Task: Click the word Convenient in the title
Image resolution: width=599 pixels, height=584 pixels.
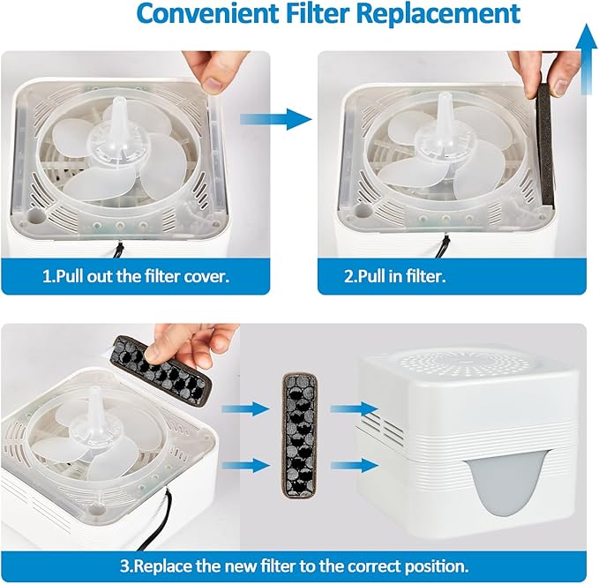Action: coord(185,15)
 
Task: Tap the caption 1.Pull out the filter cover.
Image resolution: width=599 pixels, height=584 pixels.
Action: coord(135,275)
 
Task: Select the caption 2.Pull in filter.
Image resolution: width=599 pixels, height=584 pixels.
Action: coord(395,275)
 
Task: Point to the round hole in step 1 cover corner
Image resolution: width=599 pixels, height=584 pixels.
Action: coord(38,213)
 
